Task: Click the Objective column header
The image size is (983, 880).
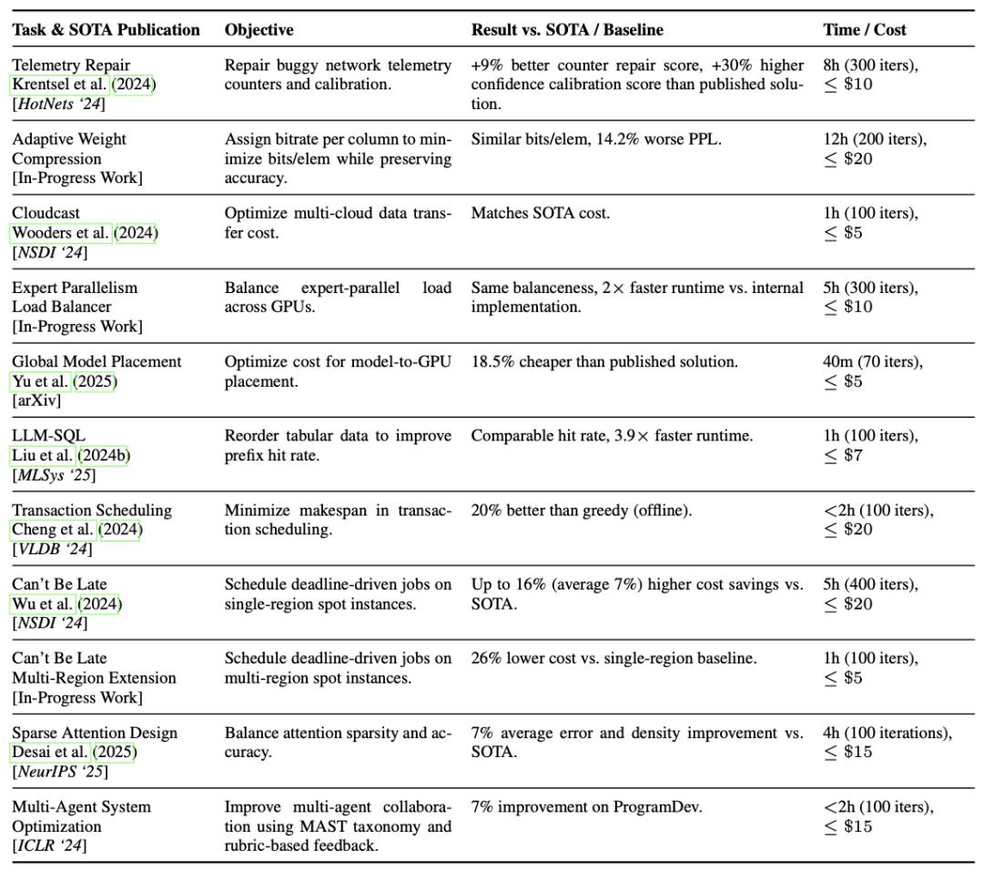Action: (x=258, y=30)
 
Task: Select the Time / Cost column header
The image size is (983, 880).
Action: (x=864, y=30)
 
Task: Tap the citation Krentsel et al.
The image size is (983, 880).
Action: (x=59, y=85)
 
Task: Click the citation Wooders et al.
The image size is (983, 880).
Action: (x=61, y=233)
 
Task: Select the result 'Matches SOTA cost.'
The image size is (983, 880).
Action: (x=540, y=213)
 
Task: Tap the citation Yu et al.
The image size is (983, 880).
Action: (x=41, y=381)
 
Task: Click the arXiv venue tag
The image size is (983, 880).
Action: (x=36, y=400)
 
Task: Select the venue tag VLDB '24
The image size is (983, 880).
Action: (x=52, y=549)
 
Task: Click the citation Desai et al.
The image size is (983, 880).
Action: (x=50, y=753)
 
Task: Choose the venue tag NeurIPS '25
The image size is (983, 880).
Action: (x=60, y=773)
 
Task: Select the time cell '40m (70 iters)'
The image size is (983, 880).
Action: (x=872, y=361)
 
